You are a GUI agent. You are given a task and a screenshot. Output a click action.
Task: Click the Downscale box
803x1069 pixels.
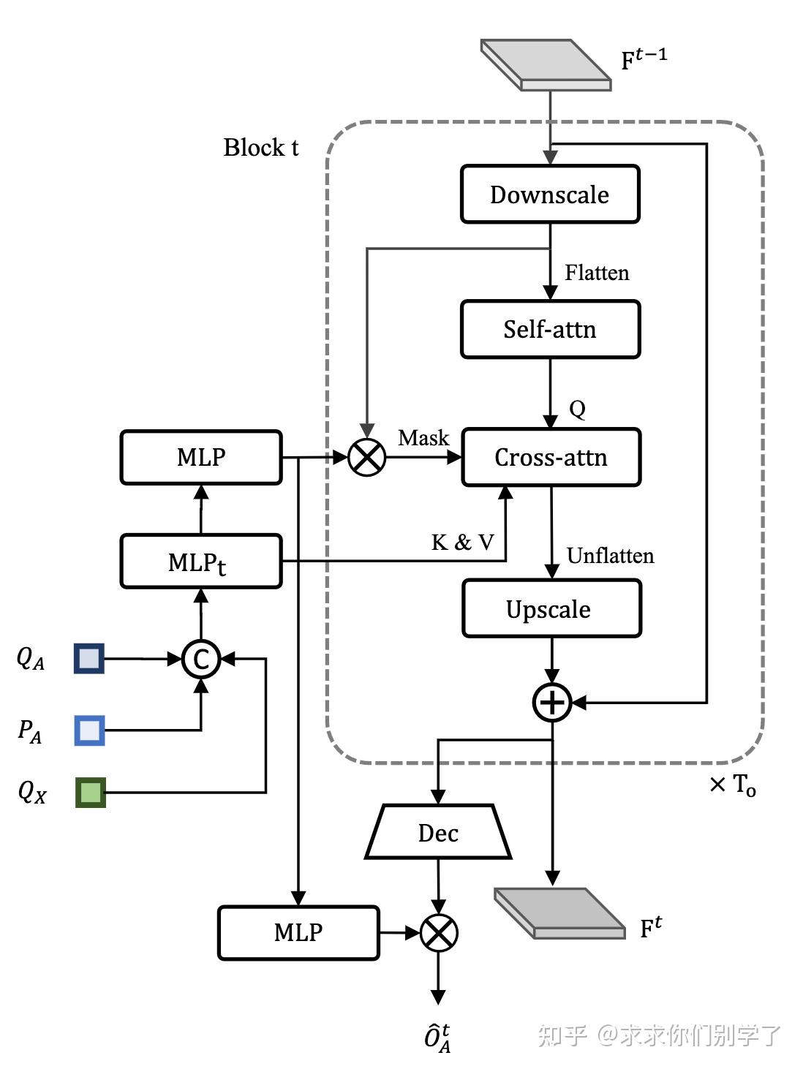click(550, 194)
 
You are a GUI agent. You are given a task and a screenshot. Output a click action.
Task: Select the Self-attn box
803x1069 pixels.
click(550, 329)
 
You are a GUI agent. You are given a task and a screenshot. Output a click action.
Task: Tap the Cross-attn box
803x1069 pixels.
click(551, 458)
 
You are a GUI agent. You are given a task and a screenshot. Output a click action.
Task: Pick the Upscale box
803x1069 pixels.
click(551, 609)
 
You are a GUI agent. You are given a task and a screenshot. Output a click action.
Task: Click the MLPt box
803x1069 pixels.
click(201, 562)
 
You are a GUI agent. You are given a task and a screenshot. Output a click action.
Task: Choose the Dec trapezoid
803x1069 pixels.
click(438, 833)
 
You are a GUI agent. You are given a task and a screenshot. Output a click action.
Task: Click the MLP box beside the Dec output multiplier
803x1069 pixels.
click(298, 932)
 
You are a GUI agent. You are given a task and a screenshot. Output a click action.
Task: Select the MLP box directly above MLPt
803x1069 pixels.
click(201, 457)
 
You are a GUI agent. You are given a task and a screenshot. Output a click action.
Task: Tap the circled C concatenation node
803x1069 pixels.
click(201, 659)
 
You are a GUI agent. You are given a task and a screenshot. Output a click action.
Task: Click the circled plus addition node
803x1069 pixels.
click(552, 703)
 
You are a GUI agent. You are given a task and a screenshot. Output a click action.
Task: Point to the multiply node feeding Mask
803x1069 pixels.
click(367, 458)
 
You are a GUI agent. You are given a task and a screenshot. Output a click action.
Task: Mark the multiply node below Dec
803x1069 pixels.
click(439, 933)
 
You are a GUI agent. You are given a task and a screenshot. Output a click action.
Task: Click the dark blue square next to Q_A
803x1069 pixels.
click(89, 658)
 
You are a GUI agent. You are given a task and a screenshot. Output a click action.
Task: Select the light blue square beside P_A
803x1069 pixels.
click(89, 730)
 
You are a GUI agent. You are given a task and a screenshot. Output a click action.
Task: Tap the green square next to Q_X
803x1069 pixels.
click(91, 793)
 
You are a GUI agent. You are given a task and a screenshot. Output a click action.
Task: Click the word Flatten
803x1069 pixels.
click(597, 273)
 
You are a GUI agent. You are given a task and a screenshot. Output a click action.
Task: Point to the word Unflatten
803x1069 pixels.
click(610, 556)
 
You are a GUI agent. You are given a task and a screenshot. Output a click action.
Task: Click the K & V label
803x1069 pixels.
click(463, 543)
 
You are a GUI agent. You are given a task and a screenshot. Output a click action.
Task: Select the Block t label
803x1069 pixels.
click(261, 148)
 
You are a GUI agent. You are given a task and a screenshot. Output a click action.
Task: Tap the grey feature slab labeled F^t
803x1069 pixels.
click(559, 913)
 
